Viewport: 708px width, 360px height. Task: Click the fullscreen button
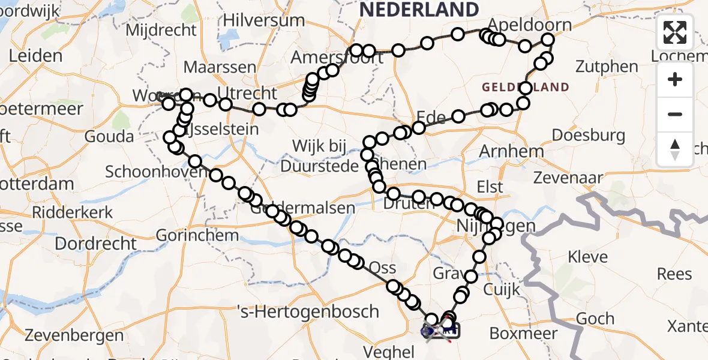click(x=675, y=32)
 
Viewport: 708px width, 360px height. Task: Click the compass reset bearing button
click(x=675, y=149)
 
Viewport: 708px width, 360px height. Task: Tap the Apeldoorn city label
click(x=529, y=25)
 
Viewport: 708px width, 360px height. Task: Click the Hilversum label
click(x=263, y=20)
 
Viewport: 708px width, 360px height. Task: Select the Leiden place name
click(x=36, y=56)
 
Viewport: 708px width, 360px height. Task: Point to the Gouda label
click(x=109, y=136)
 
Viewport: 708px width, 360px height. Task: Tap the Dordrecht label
click(x=96, y=244)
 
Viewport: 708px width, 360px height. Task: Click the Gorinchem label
click(x=198, y=235)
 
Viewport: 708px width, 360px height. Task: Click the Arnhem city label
click(x=512, y=151)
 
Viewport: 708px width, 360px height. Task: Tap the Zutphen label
click(x=607, y=66)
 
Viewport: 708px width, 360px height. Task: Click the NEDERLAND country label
click(x=419, y=10)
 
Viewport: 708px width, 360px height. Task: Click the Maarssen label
click(x=220, y=67)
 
